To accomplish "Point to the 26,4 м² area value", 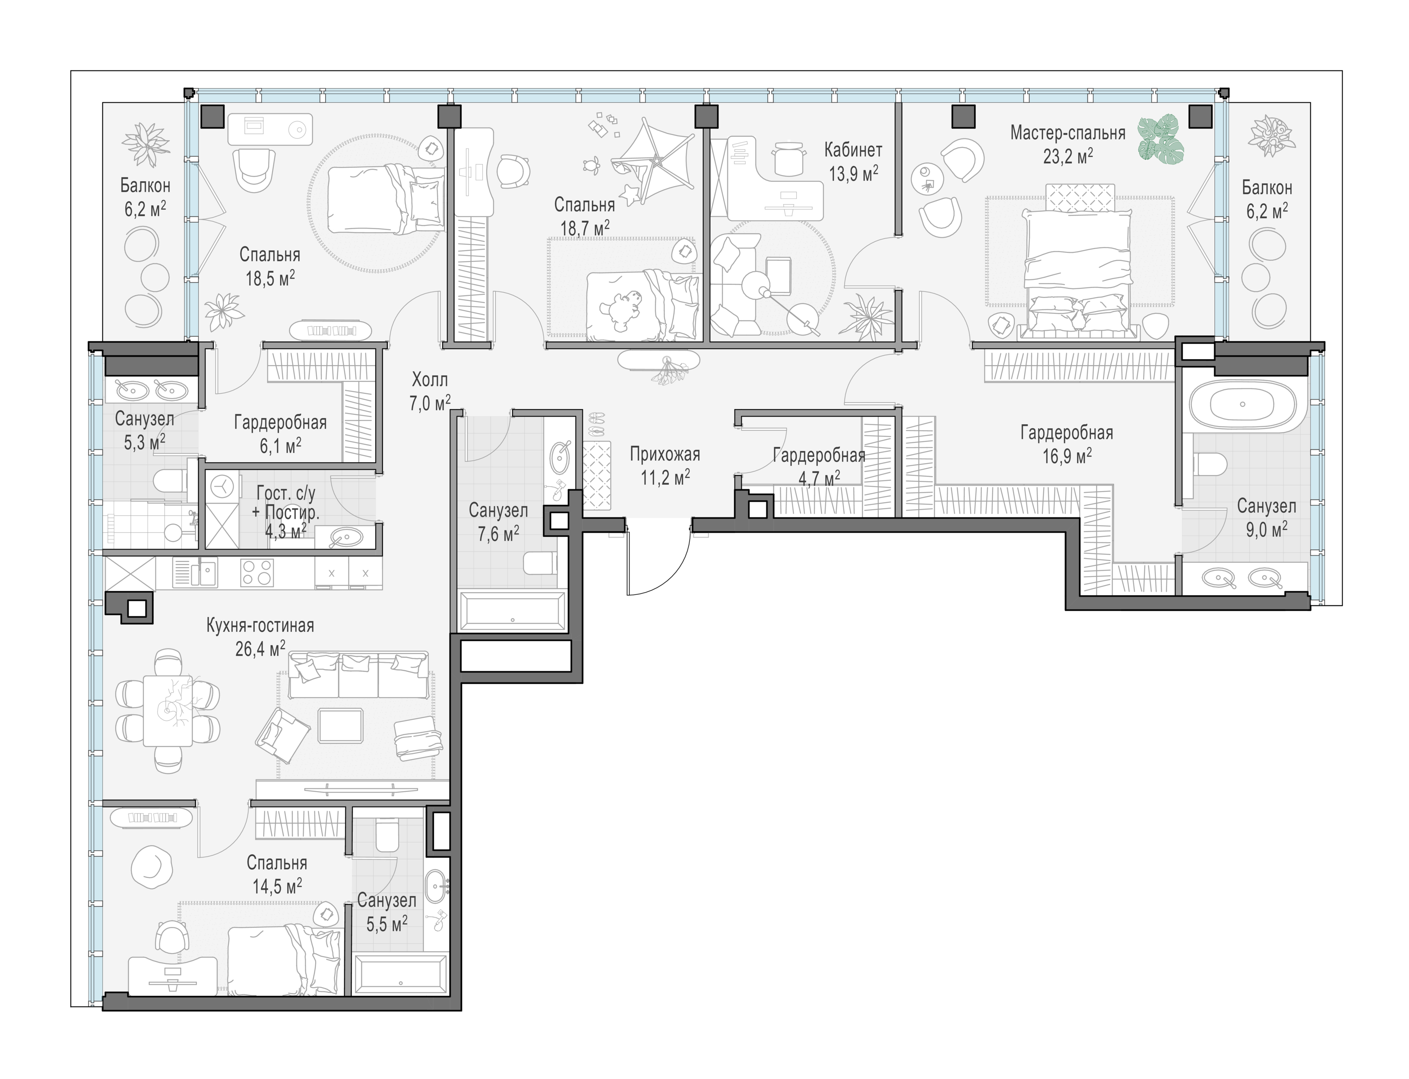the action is (x=260, y=649).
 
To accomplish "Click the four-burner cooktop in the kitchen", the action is (x=257, y=572).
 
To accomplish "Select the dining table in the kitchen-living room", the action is (x=168, y=710).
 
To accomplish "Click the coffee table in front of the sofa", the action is (x=341, y=726).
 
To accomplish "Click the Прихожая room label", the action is (x=665, y=454).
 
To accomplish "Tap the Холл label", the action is (x=430, y=379).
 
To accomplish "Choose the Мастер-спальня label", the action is (x=1067, y=133).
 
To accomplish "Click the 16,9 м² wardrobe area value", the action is (x=1067, y=456).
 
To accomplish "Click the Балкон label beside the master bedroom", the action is (x=1267, y=188).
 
